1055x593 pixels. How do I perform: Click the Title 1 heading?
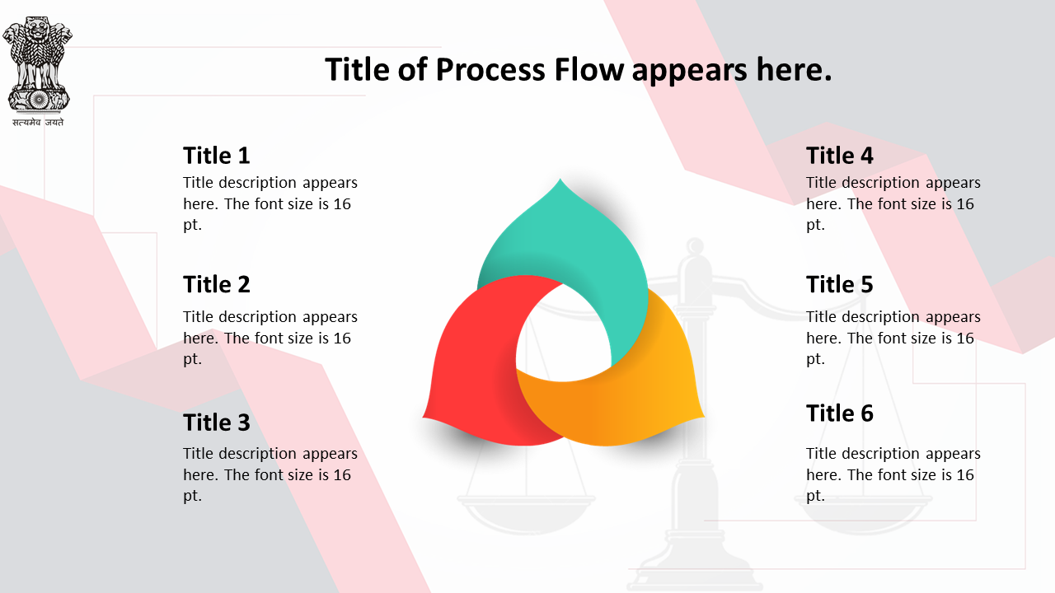point(216,156)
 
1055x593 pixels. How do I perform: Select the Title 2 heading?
point(216,284)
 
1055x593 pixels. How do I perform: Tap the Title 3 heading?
point(216,423)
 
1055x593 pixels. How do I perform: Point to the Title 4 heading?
point(839,156)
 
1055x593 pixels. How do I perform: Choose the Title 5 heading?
point(839,284)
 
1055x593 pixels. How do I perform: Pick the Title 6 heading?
point(839,413)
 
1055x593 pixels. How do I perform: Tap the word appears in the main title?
point(690,72)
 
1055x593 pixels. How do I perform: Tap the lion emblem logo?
point(38,64)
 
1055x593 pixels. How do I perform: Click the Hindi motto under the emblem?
point(38,123)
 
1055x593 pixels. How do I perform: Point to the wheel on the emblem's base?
point(39,99)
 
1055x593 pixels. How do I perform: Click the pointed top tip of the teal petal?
point(560,179)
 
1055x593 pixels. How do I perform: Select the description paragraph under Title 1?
point(270,203)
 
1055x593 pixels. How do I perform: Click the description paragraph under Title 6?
point(893,474)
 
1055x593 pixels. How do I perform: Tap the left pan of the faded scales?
point(526,514)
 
